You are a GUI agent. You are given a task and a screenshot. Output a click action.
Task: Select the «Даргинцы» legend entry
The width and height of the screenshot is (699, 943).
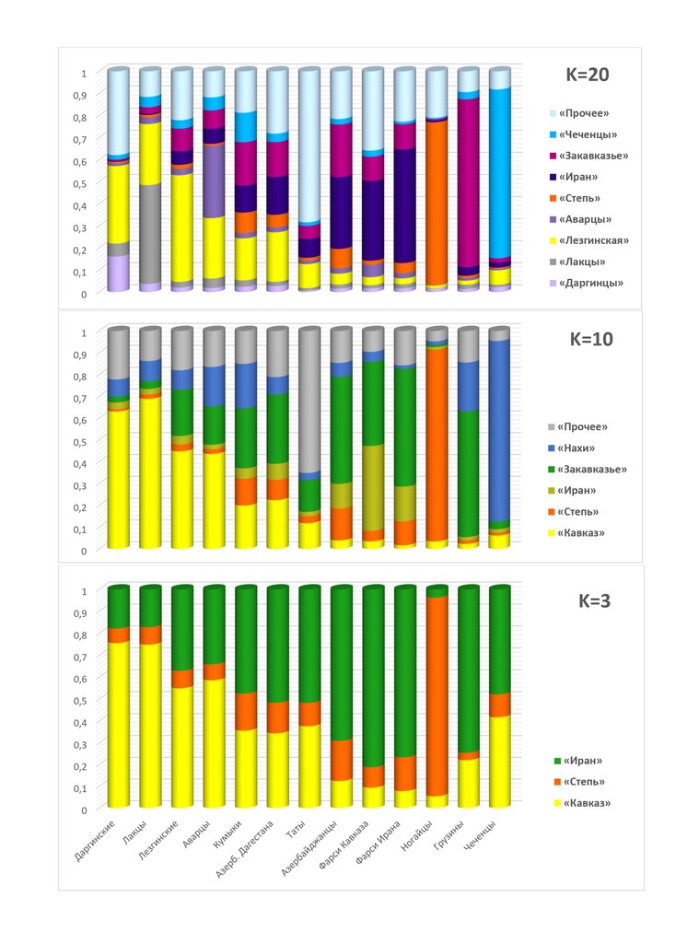pos(589,283)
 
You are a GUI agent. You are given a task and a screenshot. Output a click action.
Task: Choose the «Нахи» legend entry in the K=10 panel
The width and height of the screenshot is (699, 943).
pos(582,448)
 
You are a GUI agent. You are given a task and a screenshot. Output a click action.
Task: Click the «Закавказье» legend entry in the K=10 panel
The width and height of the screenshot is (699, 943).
pos(593,469)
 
